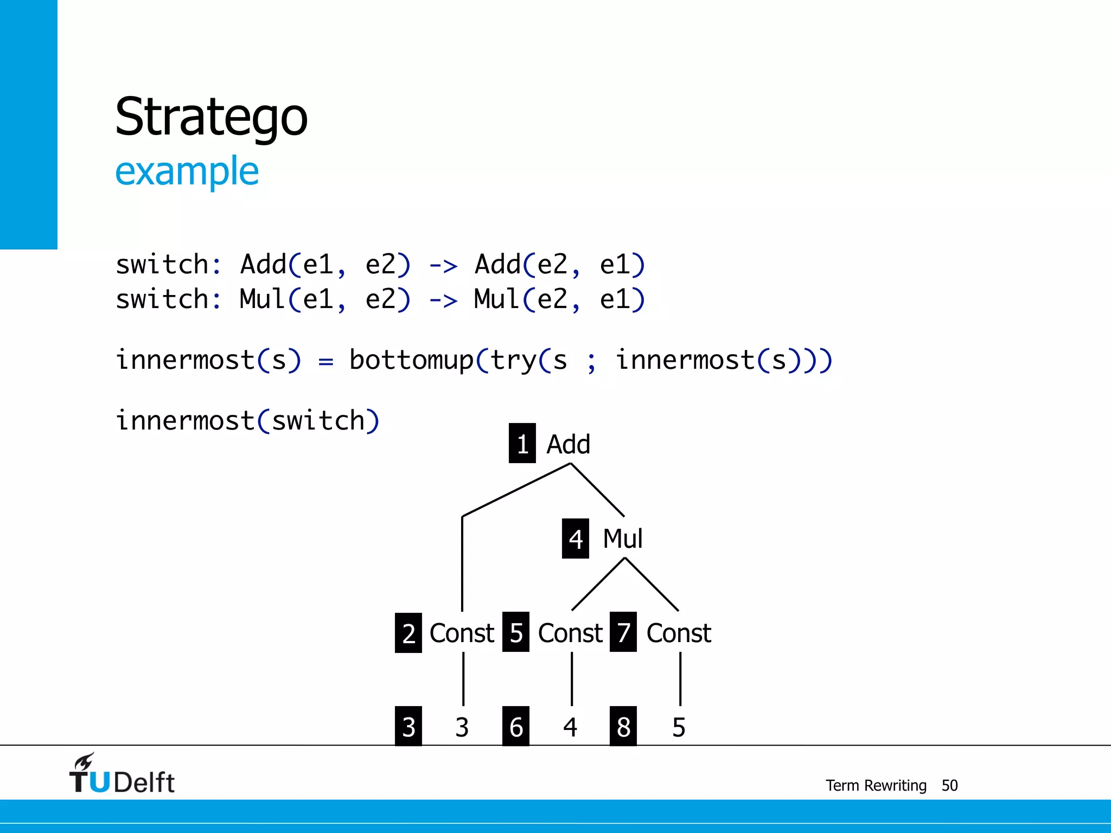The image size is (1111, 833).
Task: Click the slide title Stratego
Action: coord(211,117)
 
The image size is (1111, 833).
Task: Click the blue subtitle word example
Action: coord(187,171)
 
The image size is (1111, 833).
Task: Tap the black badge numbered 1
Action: coord(522,444)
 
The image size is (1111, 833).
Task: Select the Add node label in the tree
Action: coord(568,445)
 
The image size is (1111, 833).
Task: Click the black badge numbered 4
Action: coord(575,539)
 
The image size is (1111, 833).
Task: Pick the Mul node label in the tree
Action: coord(623,539)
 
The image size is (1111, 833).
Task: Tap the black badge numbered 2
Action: coord(408,633)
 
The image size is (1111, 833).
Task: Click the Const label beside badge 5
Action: coord(570,633)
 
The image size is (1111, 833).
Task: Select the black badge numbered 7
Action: coord(623,632)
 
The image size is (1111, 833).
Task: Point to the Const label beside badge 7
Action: coord(679,633)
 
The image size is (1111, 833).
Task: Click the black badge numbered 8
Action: coord(623,727)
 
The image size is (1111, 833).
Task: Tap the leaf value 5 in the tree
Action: coord(679,727)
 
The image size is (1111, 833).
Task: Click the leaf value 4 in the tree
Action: coord(570,727)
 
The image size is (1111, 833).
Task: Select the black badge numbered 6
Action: coord(516,727)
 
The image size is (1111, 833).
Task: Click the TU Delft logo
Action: coord(122,774)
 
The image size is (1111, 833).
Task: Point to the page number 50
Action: coord(949,785)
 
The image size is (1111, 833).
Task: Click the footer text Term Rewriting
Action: coord(876,785)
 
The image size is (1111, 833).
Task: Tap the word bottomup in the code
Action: coord(412,360)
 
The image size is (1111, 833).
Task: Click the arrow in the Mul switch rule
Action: coord(443,300)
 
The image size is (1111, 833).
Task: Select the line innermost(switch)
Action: coord(247,421)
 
